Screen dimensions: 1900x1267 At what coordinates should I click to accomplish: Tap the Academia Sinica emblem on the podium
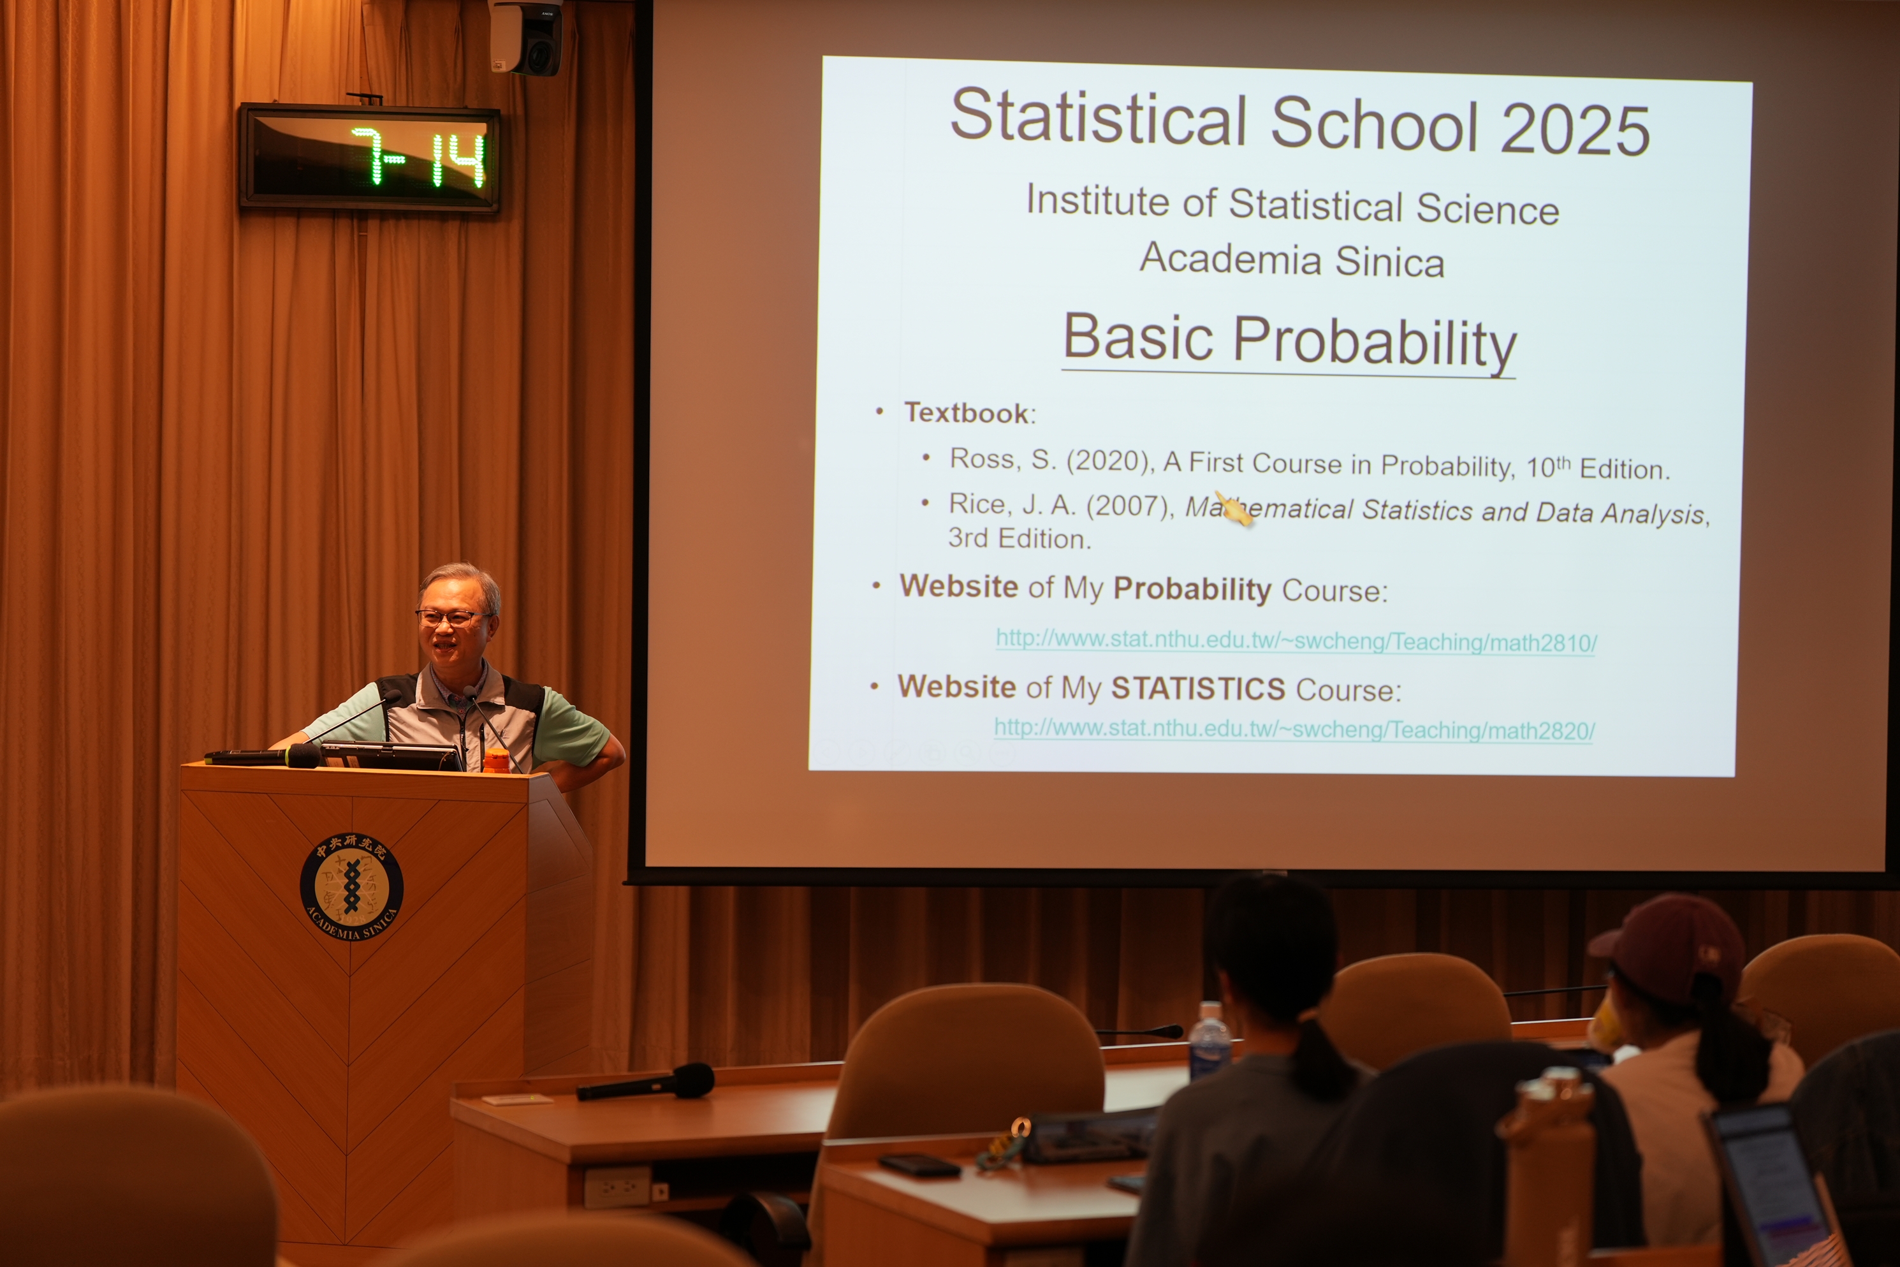[x=351, y=886]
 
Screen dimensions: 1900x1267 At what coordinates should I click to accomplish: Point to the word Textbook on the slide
[x=966, y=413]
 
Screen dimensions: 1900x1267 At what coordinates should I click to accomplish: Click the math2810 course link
[x=1296, y=641]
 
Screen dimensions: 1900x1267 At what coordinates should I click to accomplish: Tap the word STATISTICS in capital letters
[x=1198, y=689]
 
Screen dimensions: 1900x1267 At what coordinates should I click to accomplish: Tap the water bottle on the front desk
[x=1209, y=1041]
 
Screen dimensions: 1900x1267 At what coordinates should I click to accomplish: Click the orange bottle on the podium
[x=496, y=761]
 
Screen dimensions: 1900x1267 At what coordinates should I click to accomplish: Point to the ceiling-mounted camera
[x=526, y=36]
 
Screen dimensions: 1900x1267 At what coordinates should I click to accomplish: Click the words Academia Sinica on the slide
[x=1292, y=260]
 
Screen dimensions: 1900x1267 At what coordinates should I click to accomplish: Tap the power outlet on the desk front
[x=617, y=1186]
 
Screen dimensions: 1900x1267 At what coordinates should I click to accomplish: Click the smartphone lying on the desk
[x=920, y=1165]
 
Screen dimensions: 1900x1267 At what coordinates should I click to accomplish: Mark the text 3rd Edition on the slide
[x=1019, y=538]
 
